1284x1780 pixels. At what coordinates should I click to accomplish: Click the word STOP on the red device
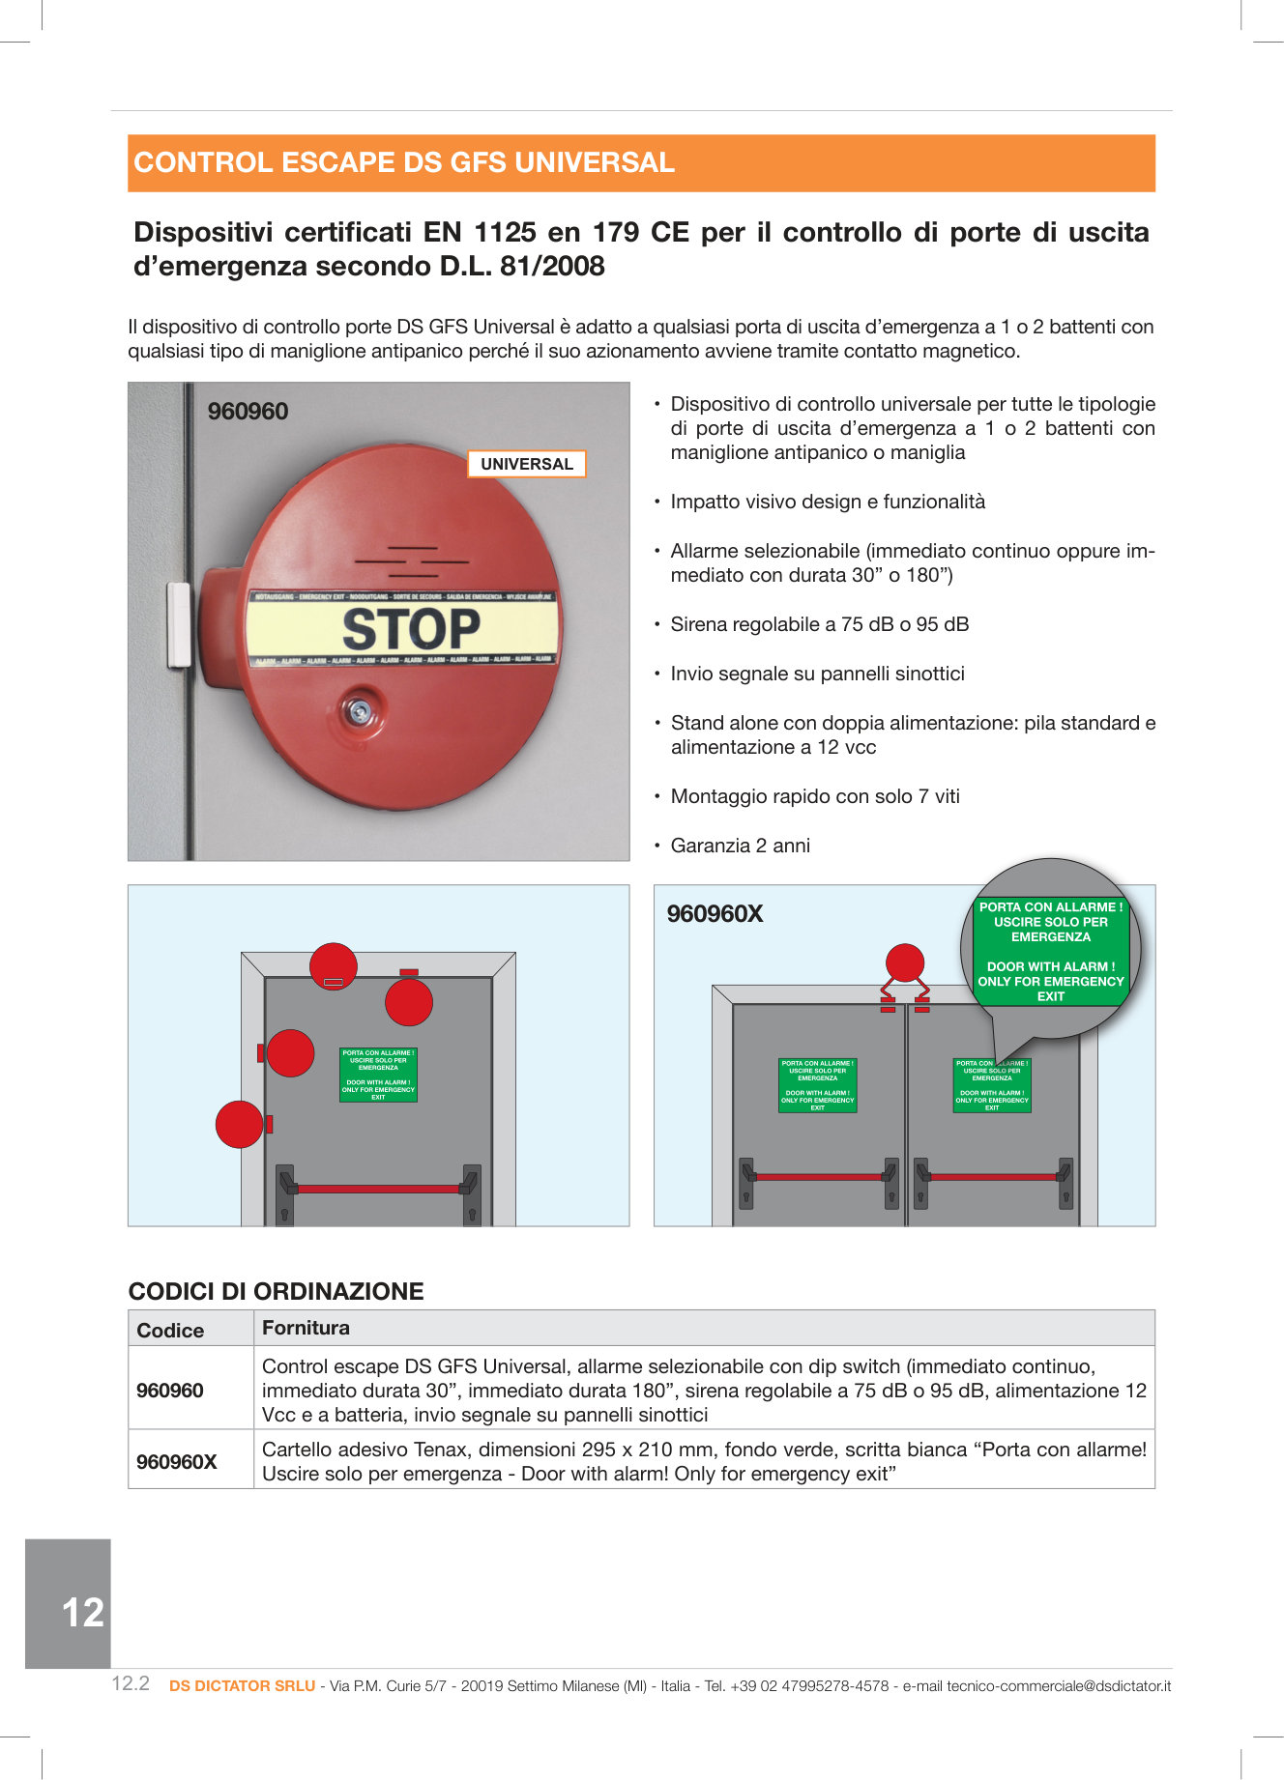point(411,629)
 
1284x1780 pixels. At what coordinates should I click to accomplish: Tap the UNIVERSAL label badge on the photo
point(527,464)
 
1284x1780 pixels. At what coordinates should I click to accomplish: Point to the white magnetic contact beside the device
point(179,624)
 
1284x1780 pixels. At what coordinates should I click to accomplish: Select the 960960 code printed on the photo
point(248,412)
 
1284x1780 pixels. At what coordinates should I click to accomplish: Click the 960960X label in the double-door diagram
point(715,914)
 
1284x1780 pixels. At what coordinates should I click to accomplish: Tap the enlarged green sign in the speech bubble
point(1051,952)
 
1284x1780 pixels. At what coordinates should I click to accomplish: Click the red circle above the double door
point(905,962)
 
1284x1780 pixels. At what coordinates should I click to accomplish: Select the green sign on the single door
point(378,1075)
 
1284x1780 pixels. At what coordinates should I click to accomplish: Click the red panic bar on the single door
point(378,1189)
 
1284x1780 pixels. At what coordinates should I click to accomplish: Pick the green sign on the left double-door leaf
point(817,1085)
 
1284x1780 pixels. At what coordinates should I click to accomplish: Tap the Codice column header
point(170,1331)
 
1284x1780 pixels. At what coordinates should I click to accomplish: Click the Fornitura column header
point(306,1328)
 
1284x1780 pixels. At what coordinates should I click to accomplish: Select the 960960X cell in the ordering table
point(176,1462)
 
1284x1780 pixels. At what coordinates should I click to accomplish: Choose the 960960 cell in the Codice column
point(170,1391)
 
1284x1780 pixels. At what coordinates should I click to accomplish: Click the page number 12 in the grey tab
point(82,1613)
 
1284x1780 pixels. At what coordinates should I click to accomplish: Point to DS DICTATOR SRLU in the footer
point(242,1685)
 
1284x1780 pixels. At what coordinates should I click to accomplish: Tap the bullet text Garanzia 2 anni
point(740,846)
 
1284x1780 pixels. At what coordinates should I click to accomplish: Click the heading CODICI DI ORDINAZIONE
point(276,1292)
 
